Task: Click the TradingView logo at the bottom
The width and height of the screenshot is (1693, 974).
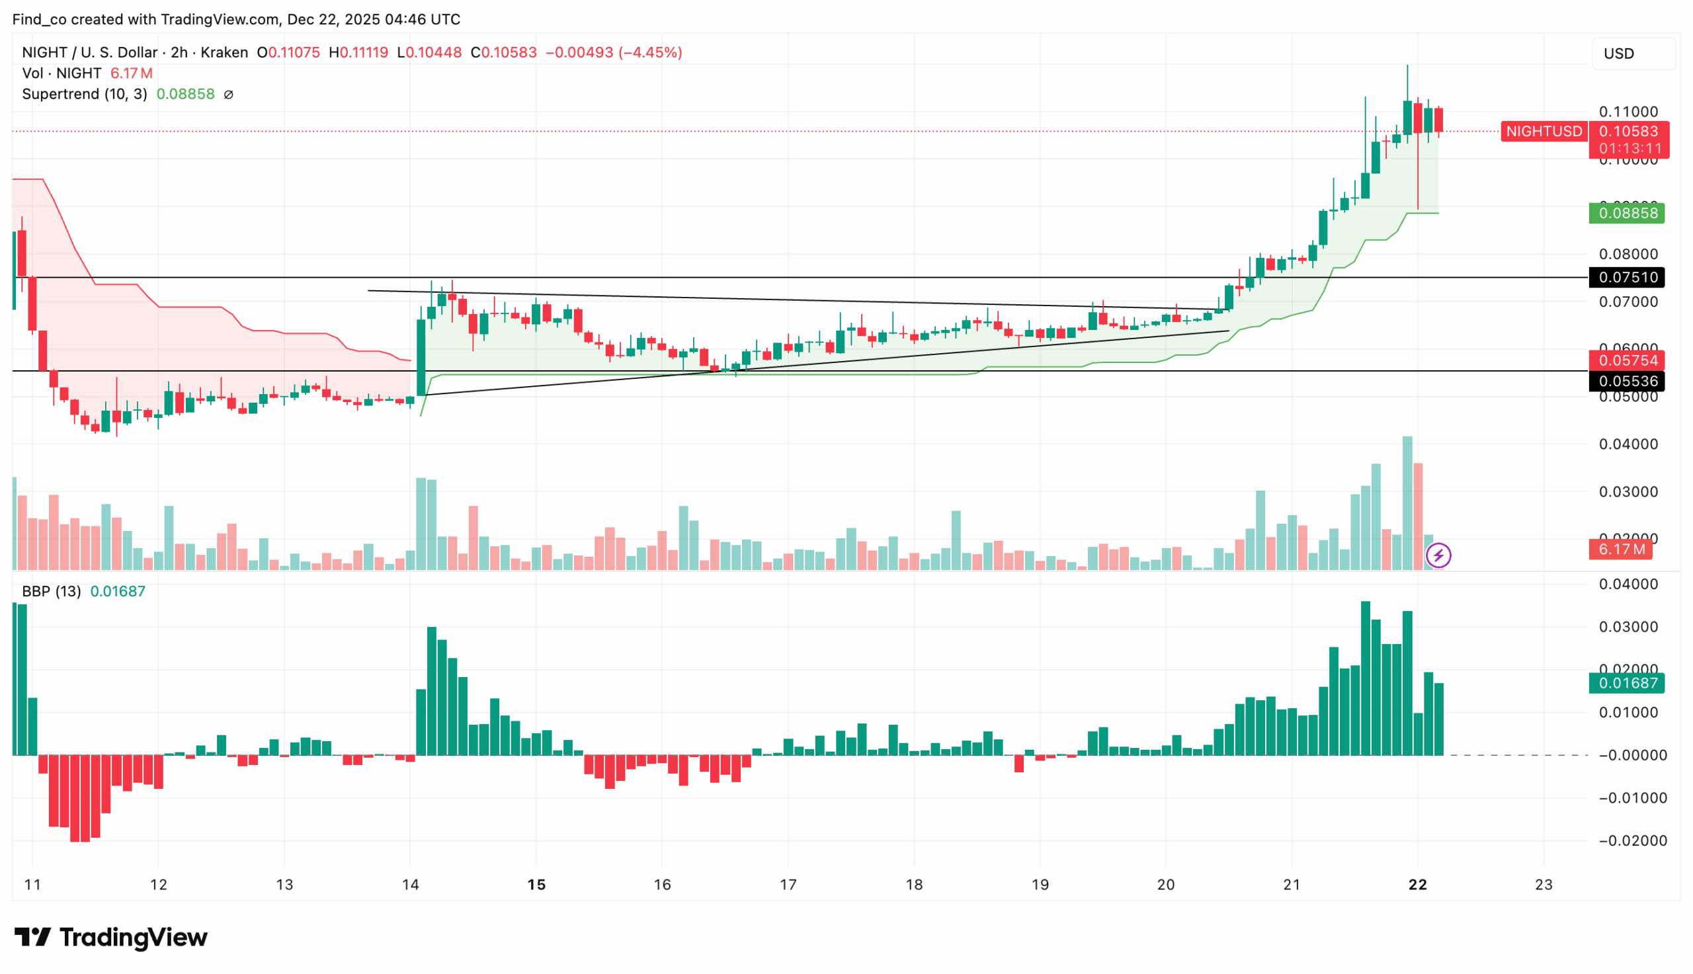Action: [x=111, y=937]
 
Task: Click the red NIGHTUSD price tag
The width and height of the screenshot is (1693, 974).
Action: [x=1544, y=131]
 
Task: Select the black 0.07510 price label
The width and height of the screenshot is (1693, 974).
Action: [x=1628, y=278]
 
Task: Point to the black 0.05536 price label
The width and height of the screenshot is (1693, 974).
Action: [x=1628, y=382]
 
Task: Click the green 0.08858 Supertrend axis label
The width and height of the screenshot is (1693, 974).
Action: [x=1628, y=214]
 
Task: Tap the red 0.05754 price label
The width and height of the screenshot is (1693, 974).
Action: [x=1628, y=360]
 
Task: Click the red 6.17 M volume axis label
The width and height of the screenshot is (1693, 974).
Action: [x=1620, y=550]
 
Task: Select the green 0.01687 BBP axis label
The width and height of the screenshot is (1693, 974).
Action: [x=1628, y=683]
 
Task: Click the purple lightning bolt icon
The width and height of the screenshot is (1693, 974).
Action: [x=1438, y=555]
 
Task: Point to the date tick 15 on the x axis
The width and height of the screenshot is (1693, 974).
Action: [x=536, y=885]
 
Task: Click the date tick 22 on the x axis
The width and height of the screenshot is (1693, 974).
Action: [x=1417, y=885]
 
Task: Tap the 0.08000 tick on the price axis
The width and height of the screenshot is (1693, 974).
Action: [x=1628, y=254]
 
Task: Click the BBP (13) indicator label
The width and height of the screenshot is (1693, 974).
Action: [x=52, y=591]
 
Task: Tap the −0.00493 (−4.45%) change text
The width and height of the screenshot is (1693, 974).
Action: [x=614, y=52]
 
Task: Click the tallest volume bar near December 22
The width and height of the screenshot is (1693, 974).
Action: [x=1407, y=503]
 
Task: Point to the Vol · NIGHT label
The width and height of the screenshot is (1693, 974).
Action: [x=62, y=73]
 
